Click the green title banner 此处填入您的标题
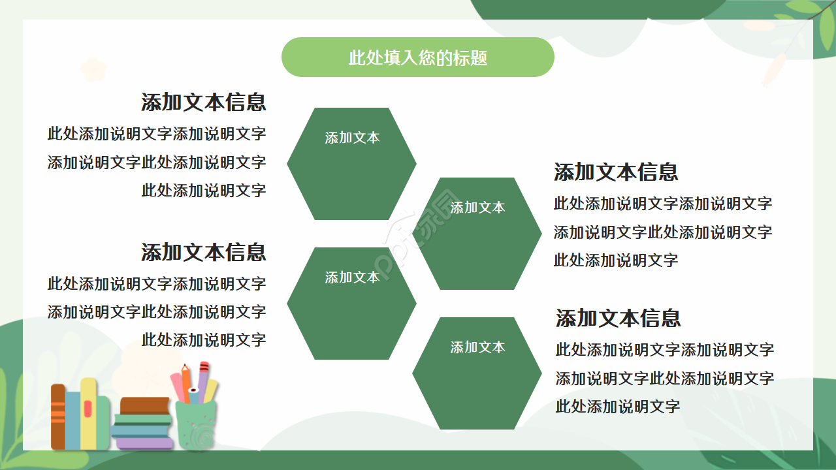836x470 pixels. coord(417,57)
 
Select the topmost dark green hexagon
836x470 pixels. coord(351,164)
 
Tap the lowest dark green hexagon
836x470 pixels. coord(477,373)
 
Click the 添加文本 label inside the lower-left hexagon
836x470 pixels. coord(352,277)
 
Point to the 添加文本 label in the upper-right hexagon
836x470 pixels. coord(477,208)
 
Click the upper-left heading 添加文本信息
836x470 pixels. coord(203,102)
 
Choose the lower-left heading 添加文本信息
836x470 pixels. coord(203,252)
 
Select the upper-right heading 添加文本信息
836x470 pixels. coord(616,172)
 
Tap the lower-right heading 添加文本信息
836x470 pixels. coord(618,319)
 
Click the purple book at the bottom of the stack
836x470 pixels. coord(145,443)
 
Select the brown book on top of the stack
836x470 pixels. coord(145,405)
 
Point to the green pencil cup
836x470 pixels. coord(195,425)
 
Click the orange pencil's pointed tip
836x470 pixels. coord(185,367)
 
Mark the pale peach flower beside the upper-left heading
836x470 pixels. coord(93,69)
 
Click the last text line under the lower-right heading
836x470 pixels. coord(617,407)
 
